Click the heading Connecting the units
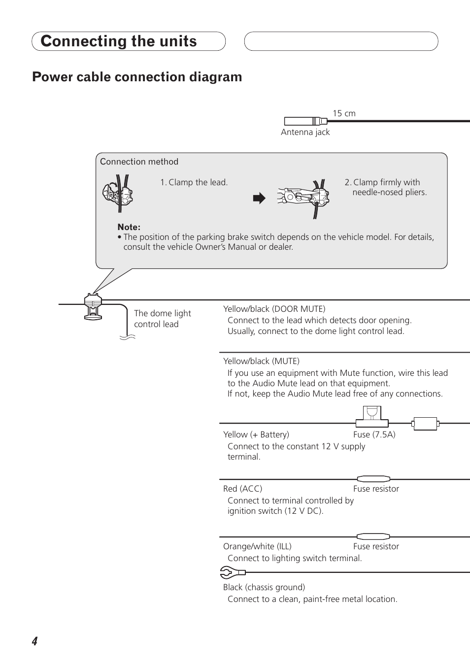(x=119, y=41)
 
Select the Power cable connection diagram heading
(x=137, y=77)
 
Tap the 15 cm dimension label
(x=344, y=113)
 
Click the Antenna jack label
(x=305, y=132)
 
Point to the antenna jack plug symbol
(x=305, y=121)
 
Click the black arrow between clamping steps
(x=259, y=199)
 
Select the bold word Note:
(x=129, y=227)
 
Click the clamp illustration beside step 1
(x=117, y=193)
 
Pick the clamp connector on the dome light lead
(x=93, y=306)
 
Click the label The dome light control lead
(x=162, y=319)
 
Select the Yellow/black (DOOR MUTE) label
(x=274, y=309)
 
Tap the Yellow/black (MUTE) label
(x=261, y=361)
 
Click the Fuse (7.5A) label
(x=374, y=434)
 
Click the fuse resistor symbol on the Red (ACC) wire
(x=373, y=479)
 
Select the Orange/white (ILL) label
(x=257, y=546)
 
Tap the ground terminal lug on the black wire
(x=232, y=572)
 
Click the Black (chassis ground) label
(x=264, y=587)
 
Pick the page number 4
(x=34, y=641)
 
